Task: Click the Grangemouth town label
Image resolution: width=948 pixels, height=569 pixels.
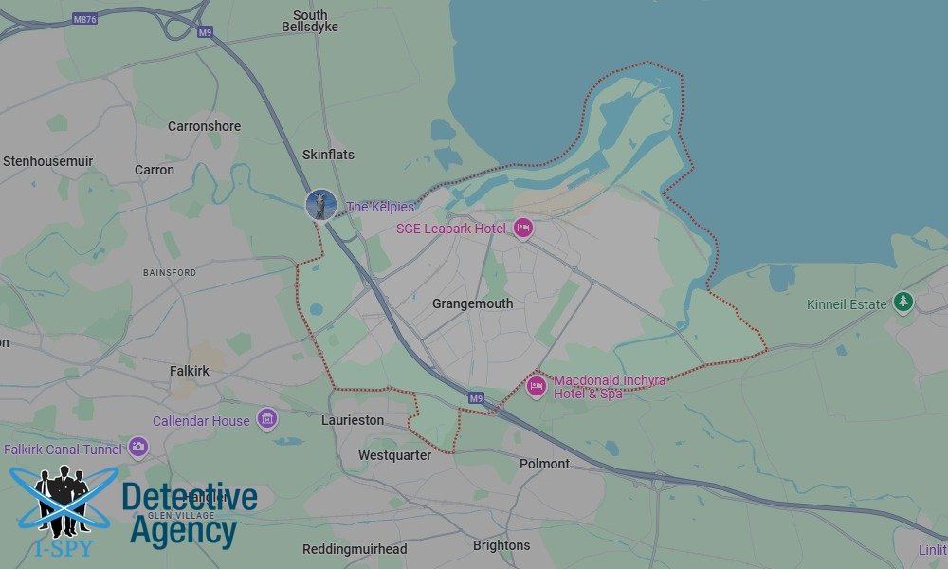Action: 472,303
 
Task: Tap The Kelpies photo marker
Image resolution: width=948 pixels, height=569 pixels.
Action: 321,204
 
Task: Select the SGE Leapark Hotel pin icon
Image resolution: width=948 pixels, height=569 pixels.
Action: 522,228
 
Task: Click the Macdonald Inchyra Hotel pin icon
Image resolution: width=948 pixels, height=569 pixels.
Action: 536,386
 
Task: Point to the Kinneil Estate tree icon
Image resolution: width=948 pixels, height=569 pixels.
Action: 903,303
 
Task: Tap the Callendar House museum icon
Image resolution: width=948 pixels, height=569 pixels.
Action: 266,419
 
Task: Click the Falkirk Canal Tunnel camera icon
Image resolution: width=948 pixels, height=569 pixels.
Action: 138,447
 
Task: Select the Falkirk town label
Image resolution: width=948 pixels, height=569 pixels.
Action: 189,370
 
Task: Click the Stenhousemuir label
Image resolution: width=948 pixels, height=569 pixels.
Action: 47,161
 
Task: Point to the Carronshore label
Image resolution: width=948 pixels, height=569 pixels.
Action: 204,126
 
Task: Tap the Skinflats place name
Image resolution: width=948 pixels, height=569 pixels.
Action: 328,154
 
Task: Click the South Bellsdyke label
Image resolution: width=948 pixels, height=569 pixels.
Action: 310,21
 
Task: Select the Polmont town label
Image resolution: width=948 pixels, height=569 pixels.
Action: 544,464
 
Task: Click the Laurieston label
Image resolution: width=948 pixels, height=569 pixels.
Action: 353,419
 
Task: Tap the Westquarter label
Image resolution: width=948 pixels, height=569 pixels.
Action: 394,455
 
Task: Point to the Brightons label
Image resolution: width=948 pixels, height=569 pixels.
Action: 501,545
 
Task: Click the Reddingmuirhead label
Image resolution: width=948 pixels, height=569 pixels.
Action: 355,549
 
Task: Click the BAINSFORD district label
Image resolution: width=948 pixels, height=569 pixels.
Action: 170,272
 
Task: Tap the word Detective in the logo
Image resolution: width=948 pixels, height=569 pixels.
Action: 190,498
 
